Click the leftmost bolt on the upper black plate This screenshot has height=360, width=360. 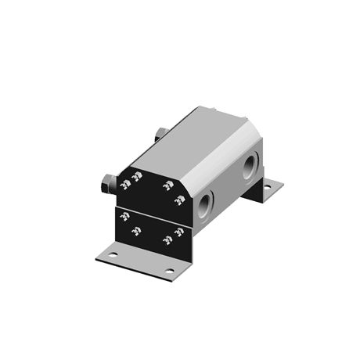pyautogui.click(x=124, y=185)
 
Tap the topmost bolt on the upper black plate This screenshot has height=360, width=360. pyautogui.click(x=137, y=176)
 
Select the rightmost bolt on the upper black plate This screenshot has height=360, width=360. pyautogui.click(x=179, y=200)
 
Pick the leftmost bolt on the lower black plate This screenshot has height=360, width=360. pyautogui.click(x=124, y=217)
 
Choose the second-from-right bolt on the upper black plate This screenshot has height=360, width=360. pyautogui.click(x=167, y=185)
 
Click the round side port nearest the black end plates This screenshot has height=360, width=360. pyautogui.click(x=205, y=205)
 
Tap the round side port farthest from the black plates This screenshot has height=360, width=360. pyautogui.click(x=250, y=166)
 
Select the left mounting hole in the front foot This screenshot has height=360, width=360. pyautogui.click(x=113, y=255)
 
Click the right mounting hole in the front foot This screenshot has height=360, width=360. pyautogui.click(x=169, y=271)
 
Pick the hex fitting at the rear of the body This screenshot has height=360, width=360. pyautogui.click(x=160, y=133)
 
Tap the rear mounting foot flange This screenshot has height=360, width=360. pyautogui.click(x=265, y=189)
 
